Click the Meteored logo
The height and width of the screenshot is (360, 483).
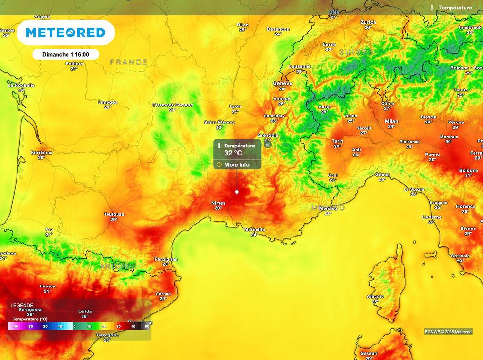[x=65, y=33]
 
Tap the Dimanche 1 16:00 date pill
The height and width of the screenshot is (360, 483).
[x=66, y=54]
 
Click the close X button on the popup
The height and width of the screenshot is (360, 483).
[x=268, y=145]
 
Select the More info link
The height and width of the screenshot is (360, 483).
[x=237, y=165]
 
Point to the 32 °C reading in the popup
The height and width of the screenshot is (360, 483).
[x=233, y=153]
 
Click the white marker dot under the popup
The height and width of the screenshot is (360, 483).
[x=237, y=192]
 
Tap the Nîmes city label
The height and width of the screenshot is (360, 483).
[x=218, y=203]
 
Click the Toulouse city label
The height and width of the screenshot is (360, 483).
[x=114, y=214]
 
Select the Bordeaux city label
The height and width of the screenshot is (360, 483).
[x=42, y=153]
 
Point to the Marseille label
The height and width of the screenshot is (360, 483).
[x=254, y=229]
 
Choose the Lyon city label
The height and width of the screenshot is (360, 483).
[x=235, y=106]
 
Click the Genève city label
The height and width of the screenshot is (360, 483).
[x=283, y=83]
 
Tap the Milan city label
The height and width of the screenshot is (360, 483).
[x=391, y=121]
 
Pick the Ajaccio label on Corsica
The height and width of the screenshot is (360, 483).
[x=375, y=296]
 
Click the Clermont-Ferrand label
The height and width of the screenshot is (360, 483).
[x=173, y=105]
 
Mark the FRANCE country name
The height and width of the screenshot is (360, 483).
[x=129, y=62]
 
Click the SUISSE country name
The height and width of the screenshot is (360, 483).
[x=356, y=52]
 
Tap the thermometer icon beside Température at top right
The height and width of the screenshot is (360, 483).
[x=432, y=8]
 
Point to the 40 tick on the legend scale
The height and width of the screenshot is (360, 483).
[x=133, y=326]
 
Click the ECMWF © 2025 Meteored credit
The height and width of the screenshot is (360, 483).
[x=448, y=332]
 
